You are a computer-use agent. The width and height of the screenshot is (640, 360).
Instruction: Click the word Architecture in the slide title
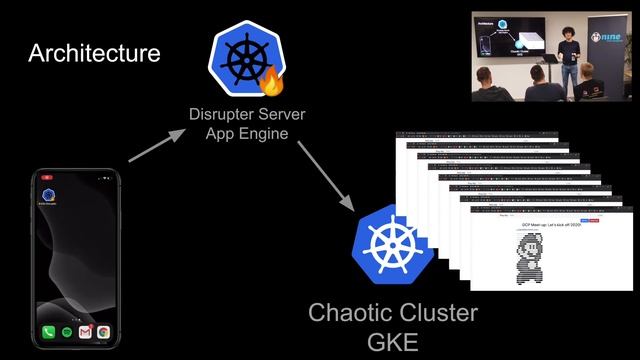94,53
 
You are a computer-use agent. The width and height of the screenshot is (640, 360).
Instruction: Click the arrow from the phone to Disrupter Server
158,141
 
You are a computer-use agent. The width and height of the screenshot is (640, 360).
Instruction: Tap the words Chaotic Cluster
392,313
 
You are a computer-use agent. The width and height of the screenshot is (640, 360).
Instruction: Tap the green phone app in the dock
47,331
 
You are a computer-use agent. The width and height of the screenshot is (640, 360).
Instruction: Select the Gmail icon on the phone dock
85,331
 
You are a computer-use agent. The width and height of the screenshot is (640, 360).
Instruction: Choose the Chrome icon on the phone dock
103,331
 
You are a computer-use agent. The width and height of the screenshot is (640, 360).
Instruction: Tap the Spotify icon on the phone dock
66,331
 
